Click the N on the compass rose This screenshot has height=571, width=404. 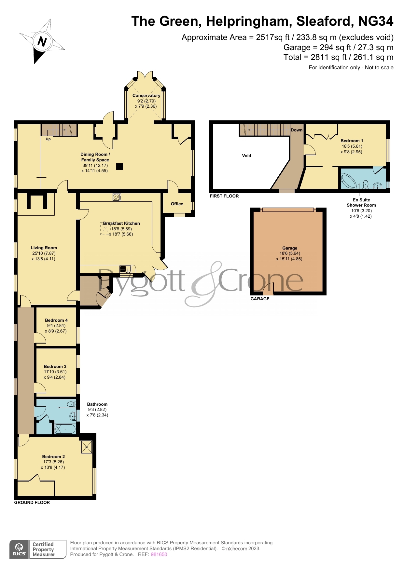pos(42,41)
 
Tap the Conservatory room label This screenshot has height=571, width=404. pos(146,95)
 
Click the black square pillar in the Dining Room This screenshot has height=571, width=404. pos(120,166)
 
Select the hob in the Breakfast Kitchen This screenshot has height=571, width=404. pos(117,197)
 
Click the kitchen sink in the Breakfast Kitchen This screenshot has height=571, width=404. pos(125,269)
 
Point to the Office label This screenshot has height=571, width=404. pos(177,204)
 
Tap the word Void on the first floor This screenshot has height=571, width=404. pos(246,156)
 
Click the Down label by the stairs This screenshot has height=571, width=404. pos(297,130)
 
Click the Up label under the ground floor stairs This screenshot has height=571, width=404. pos(48,139)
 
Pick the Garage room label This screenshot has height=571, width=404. pos(290,248)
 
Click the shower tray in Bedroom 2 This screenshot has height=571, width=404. pos(87,447)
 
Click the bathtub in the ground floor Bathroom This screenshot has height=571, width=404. pos(65,429)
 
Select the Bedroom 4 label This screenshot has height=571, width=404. pos(56,320)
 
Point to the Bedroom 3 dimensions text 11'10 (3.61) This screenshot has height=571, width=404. pos(55,372)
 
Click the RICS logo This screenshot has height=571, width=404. pos(19,549)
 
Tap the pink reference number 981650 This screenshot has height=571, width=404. pos(159,554)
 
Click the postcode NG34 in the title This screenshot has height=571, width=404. pos(376,21)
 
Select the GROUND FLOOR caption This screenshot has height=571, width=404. pos(32,502)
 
